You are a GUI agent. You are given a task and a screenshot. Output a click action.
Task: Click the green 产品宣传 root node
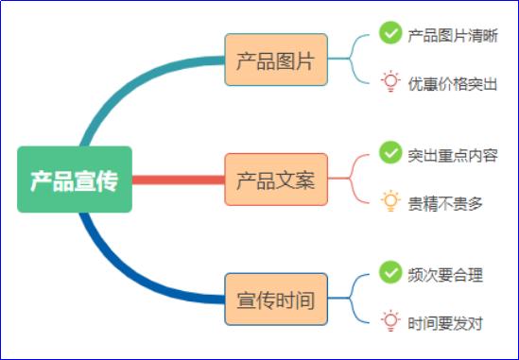(x=75, y=180)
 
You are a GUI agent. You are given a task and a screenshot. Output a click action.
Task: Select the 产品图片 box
(x=276, y=60)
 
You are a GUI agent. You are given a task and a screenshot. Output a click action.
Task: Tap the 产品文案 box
(x=276, y=179)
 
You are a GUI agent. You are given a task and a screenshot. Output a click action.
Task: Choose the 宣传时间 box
(x=276, y=299)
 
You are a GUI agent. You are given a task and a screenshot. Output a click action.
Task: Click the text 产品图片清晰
(x=453, y=35)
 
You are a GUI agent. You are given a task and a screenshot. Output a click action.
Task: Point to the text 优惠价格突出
(x=453, y=83)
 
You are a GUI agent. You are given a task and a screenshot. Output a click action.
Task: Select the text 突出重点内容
(x=453, y=154)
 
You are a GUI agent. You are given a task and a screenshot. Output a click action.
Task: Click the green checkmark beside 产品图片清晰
(x=389, y=33)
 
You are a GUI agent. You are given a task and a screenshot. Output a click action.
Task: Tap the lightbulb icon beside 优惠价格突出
(x=389, y=82)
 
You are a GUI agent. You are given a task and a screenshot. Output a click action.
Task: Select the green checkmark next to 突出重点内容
(x=389, y=152)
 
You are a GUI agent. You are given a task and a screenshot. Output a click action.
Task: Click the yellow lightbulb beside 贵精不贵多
(x=389, y=201)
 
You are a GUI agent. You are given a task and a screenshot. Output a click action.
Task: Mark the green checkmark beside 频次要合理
(x=389, y=272)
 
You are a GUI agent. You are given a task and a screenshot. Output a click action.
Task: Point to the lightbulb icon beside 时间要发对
(x=389, y=321)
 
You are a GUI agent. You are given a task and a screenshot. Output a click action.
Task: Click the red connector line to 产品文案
(x=178, y=180)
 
